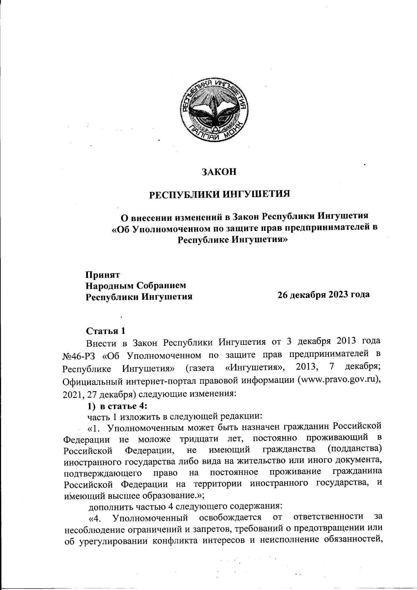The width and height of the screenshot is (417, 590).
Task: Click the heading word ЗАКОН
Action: [x=219, y=172]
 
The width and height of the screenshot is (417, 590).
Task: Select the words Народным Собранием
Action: [x=136, y=285]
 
